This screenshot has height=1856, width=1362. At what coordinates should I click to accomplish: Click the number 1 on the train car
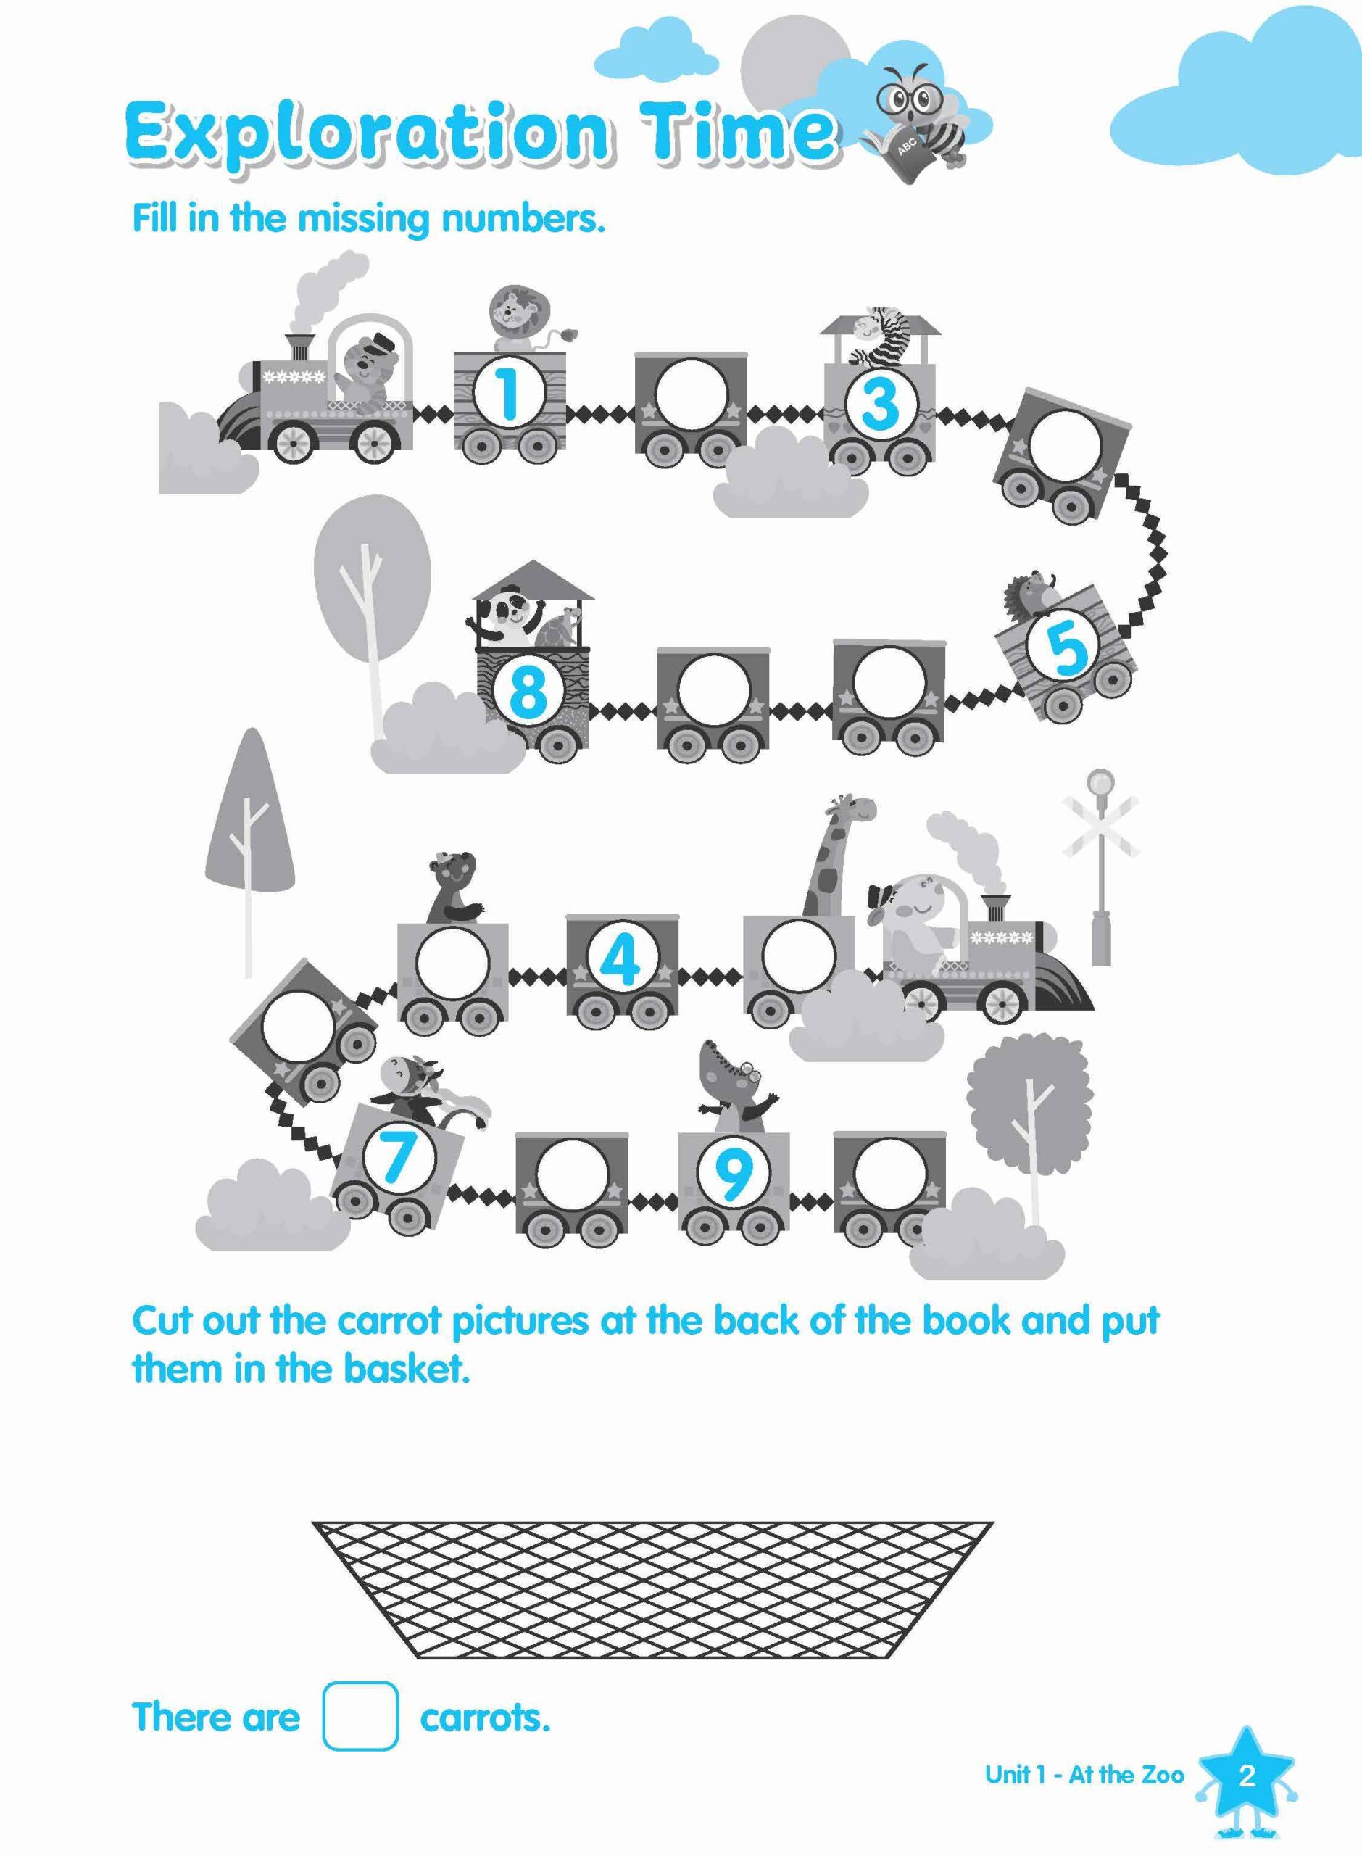(509, 392)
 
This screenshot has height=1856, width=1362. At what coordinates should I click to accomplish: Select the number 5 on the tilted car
(1067, 648)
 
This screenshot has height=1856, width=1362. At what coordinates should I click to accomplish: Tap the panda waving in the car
(504, 622)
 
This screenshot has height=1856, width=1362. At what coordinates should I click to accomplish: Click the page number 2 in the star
(1246, 1792)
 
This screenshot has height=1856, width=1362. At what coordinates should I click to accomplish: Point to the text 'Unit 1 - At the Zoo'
(1084, 1791)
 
